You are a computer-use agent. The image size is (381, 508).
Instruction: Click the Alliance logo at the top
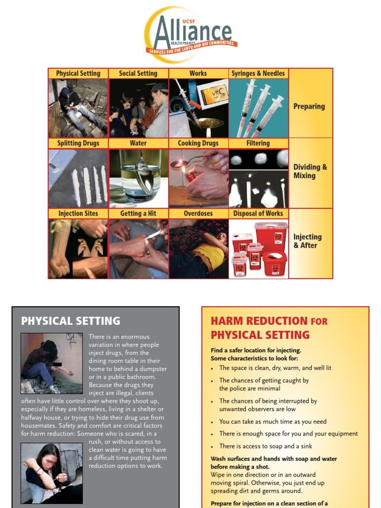[190, 35]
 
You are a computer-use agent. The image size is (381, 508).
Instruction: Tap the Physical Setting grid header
[78, 73]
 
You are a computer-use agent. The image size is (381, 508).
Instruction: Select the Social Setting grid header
[138, 73]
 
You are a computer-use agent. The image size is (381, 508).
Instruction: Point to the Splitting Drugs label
[78, 143]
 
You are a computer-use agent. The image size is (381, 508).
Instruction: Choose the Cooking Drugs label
[198, 143]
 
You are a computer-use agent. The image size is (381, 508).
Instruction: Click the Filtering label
[258, 143]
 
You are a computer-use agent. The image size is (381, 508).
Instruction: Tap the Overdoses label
[198, 214]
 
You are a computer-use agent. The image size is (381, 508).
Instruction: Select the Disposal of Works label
[258, 214]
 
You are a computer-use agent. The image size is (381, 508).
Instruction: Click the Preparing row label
[309, 106]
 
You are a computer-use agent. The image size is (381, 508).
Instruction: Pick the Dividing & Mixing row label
[310, 171]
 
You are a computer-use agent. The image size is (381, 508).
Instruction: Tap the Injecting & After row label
[308, 241]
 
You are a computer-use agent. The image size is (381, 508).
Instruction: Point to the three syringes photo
[258, 108]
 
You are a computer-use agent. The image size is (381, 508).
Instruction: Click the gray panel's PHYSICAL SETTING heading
[70, 321]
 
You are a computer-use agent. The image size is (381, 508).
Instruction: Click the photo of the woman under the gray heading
[52, 473]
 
